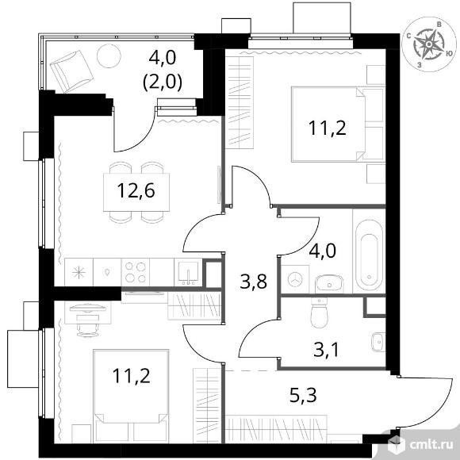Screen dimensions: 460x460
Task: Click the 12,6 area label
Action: tap(136, 190)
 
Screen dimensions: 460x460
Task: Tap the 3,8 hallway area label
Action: tap(253, 282)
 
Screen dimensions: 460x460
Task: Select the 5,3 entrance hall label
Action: tap(303, 395)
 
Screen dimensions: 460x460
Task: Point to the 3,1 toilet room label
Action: tap(326, 350)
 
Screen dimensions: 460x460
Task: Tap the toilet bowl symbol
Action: tap(319, 312)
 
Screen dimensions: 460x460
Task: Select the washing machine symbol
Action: tap(295, 279)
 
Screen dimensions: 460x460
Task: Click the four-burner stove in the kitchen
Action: tap(136, 272)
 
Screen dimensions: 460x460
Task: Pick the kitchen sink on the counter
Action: tap(188, 272)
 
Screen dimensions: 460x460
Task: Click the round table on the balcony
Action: tap(109, 56)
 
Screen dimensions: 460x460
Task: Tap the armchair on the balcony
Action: tap(71, 71)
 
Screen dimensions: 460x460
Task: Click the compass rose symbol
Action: tap(428, 44)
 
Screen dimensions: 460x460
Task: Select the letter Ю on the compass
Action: tap(449, 53)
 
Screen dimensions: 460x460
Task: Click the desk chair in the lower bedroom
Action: tap(88, 326)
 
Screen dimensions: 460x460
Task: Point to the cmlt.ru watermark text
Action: tap(431, 446)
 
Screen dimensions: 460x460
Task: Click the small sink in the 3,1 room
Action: tap(378, 342)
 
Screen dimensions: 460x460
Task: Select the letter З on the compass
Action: tap(420, 66)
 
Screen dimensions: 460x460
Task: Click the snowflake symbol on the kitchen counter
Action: tap(79, 273)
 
